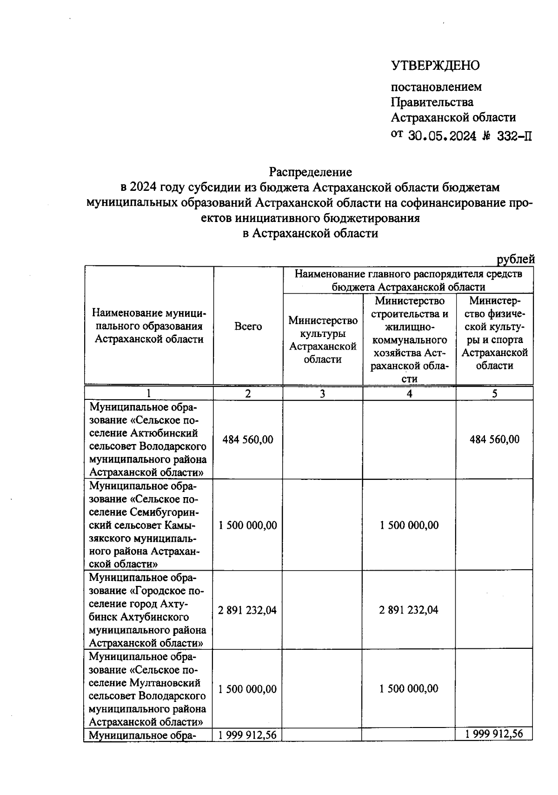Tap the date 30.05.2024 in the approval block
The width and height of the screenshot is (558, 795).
(442, 136)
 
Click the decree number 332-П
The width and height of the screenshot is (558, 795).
(513, 136)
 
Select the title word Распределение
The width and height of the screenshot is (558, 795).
(311, 172)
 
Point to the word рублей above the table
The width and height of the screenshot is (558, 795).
(516, 259)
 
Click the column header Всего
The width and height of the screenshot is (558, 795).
(248, 327)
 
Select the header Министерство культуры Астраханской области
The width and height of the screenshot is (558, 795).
(323, 340)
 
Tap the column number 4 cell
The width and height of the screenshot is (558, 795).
(409, 394)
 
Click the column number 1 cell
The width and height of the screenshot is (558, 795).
(149, 394)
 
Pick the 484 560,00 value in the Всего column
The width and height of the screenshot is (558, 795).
(248, 439)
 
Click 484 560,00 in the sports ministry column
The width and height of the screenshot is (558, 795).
(494, 439)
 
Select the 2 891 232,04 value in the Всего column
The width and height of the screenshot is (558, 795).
(248, 610)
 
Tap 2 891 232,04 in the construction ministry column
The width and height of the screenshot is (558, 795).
(409, 610)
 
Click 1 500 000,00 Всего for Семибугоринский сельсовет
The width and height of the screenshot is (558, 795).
(248, 525)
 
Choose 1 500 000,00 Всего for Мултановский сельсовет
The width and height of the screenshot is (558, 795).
(248, 689)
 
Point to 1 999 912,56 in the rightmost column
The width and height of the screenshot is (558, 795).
(494, 734)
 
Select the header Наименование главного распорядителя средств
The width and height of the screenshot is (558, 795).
(408, 274)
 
